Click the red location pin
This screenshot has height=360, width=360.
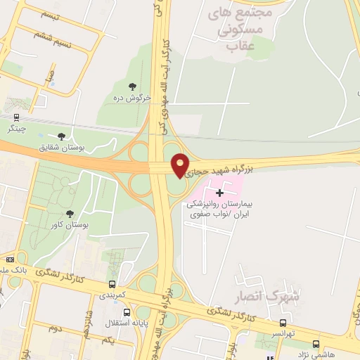[x=181, y=165]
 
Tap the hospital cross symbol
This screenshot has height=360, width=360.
[x=220, y=192]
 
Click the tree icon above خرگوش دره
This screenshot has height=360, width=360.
[x=132, y=86]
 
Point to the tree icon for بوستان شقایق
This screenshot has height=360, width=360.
[x=61, y=136]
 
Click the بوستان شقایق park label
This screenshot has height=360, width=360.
[x=62, y=148]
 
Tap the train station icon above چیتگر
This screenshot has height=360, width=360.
[x=17, y=117]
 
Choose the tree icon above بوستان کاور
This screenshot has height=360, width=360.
[x=69, y=214]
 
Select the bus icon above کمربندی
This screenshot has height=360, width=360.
[x=112, y=284]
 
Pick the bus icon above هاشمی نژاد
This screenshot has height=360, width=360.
[x=316, y=344]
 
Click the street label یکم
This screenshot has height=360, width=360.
[x=106, y=340]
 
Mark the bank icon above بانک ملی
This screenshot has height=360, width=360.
[x=10, y=259]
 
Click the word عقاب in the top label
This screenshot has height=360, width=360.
[x=240, y=46]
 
